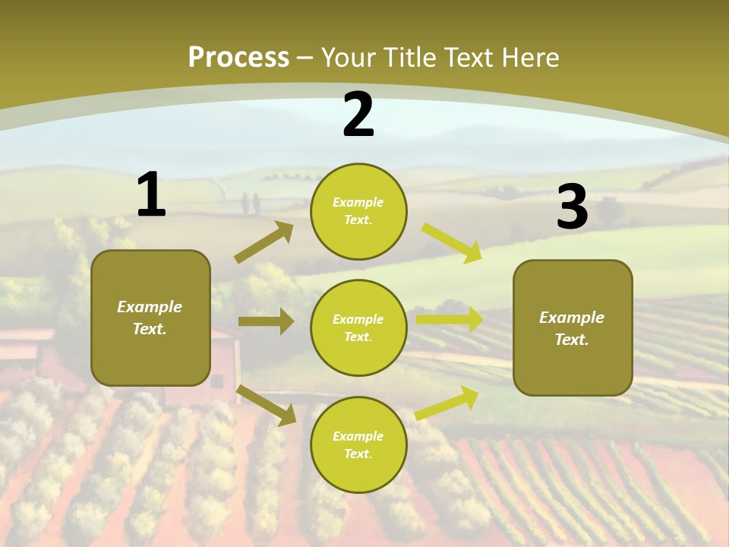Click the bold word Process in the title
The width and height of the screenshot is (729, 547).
click(x=238, y=57)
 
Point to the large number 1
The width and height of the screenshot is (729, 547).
click(x=151, y=195)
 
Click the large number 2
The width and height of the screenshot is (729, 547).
click(x=358, y=115)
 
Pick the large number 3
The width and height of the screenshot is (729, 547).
click(x=572, y=207)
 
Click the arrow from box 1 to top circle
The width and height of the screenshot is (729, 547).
click(x=264, y=242)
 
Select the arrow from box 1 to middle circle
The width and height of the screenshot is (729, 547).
click(x=266, y=321)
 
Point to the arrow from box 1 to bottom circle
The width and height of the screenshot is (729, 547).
click(x=267, y=405)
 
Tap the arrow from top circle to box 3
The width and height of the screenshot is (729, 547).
click(x=452, y=242)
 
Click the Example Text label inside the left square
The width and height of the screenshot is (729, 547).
click(x=150, y=318)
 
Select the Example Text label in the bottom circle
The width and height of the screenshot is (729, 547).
click(x=358, y=444)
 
